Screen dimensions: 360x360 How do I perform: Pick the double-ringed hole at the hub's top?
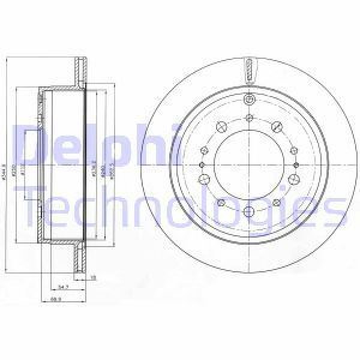click(x=247, y=100)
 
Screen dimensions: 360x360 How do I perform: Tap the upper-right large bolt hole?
click(x=277, y=127)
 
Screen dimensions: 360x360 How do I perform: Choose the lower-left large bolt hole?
click(x=205, y=178)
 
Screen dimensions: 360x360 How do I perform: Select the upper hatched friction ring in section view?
click(x=79, y=73)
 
